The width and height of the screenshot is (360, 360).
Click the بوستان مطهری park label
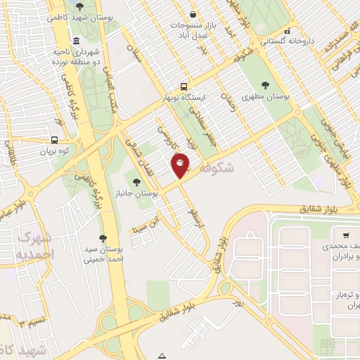point(266,96)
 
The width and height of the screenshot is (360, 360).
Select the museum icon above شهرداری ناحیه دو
point(76,40)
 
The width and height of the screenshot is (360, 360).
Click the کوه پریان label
point(56,150)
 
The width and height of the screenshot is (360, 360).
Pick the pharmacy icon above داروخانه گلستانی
point(287,32)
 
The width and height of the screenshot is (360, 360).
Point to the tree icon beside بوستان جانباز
point(136,182)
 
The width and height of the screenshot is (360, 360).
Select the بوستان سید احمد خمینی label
point(104,255)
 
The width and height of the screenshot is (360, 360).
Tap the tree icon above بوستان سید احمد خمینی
point(104,238)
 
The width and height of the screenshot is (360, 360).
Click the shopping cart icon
point(346,236)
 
